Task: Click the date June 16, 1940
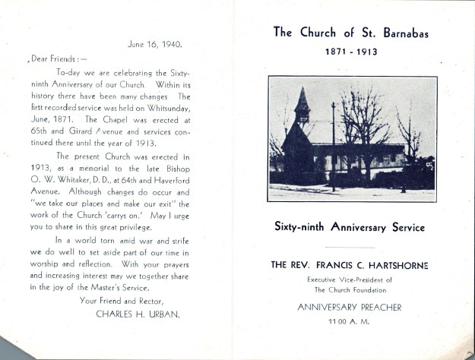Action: coord(155,44)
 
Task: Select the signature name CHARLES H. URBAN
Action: coord(138,313)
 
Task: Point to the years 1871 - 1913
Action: coord(350,52)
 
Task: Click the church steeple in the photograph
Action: coord(302,106)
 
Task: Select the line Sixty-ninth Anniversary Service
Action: coord(350,227)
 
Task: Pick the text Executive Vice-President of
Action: coord(350,279)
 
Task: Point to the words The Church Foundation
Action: coord(350,290)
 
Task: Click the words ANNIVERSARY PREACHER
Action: coord(350,308)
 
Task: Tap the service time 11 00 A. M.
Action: coord(350,322)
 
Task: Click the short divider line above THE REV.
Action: coord(350,248)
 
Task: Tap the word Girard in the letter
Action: coord(83,131)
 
